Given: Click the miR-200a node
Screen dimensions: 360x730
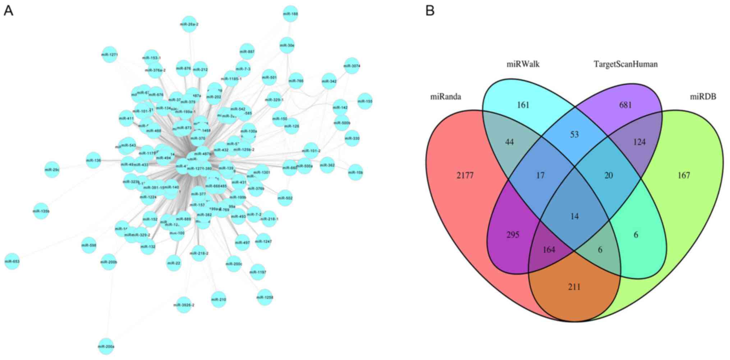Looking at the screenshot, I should (106, 347).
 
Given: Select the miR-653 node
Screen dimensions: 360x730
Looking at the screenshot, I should (12, 261).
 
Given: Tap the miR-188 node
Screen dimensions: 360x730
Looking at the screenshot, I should (290, 14).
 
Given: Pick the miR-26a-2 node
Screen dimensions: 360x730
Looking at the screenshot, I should (189, 24).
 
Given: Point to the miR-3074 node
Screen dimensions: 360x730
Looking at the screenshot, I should (352, 66).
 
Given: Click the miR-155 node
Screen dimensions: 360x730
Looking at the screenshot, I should (365, 101).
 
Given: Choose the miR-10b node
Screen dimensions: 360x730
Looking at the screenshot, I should (355, 172).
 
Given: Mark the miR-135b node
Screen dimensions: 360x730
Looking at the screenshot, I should (41, 211).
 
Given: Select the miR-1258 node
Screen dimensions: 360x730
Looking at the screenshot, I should (265, 297).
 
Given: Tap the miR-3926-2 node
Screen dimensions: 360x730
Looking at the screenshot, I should (184, 305).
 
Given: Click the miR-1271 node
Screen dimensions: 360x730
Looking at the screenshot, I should (110, 55).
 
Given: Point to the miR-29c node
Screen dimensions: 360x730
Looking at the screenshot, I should (52, 170).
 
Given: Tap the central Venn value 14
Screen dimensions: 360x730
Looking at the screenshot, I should (574, 216).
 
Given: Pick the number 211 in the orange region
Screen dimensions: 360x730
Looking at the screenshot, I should (574, 287).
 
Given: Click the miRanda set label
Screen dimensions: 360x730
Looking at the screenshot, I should (445, 97).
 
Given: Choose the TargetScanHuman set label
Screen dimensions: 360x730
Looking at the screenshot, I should (625, 64).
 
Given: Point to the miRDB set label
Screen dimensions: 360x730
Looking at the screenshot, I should (703, 97).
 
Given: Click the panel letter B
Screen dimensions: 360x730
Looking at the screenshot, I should (430, 11).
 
